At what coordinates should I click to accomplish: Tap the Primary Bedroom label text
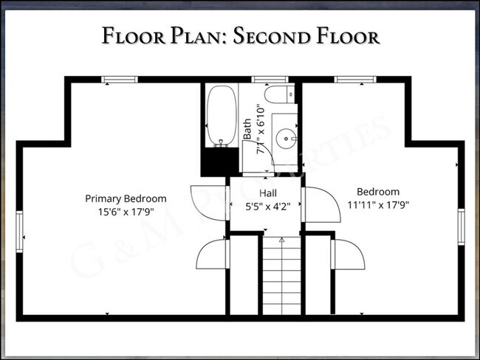[126, 198]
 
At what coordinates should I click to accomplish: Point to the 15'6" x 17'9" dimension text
[126, 211]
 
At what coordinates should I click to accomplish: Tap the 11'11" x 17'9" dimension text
[378, 204]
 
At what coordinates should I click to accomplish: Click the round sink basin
[285, 137]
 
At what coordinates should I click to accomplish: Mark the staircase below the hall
[281, 280]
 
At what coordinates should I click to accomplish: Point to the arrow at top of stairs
[281, 240]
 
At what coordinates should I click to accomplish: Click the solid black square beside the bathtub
[216, 160]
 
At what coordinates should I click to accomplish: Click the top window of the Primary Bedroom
[119, 79]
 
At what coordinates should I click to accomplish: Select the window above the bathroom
[264, 79]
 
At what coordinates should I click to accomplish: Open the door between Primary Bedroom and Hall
[208, 198]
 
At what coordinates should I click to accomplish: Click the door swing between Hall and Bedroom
[318, 203]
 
